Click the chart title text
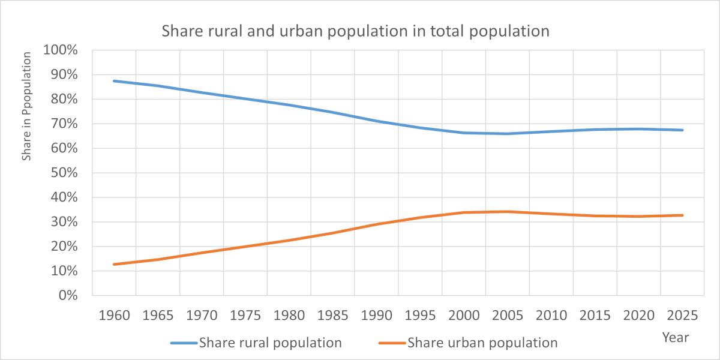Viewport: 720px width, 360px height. [x=355, y=31]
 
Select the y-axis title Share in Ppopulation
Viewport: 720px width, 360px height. [x=27, y=106]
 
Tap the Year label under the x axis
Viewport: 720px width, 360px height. [x=675, y=337]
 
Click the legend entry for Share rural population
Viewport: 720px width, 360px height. [x=270, y=343]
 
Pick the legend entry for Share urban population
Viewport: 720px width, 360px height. [x=482, y=343]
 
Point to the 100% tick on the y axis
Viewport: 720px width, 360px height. [x=61, y=50]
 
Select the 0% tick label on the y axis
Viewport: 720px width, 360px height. [x=68, y=295]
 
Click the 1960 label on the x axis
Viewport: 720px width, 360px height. [x=114, y=316]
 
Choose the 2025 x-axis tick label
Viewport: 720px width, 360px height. [x=682, y=316]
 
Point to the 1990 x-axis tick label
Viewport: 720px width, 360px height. [x=376, y=316]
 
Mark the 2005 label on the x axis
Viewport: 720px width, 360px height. [x=507, y=316]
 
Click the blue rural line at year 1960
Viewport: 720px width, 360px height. [x=114, y=81]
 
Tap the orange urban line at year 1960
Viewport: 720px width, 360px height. [x=114, y=264]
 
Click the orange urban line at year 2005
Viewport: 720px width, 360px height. [x=507, y=211]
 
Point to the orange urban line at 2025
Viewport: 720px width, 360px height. [x=682, y=215]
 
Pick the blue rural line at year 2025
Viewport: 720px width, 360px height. [x=682, y=130]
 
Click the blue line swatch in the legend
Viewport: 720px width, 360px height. [x=184, y=343]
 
